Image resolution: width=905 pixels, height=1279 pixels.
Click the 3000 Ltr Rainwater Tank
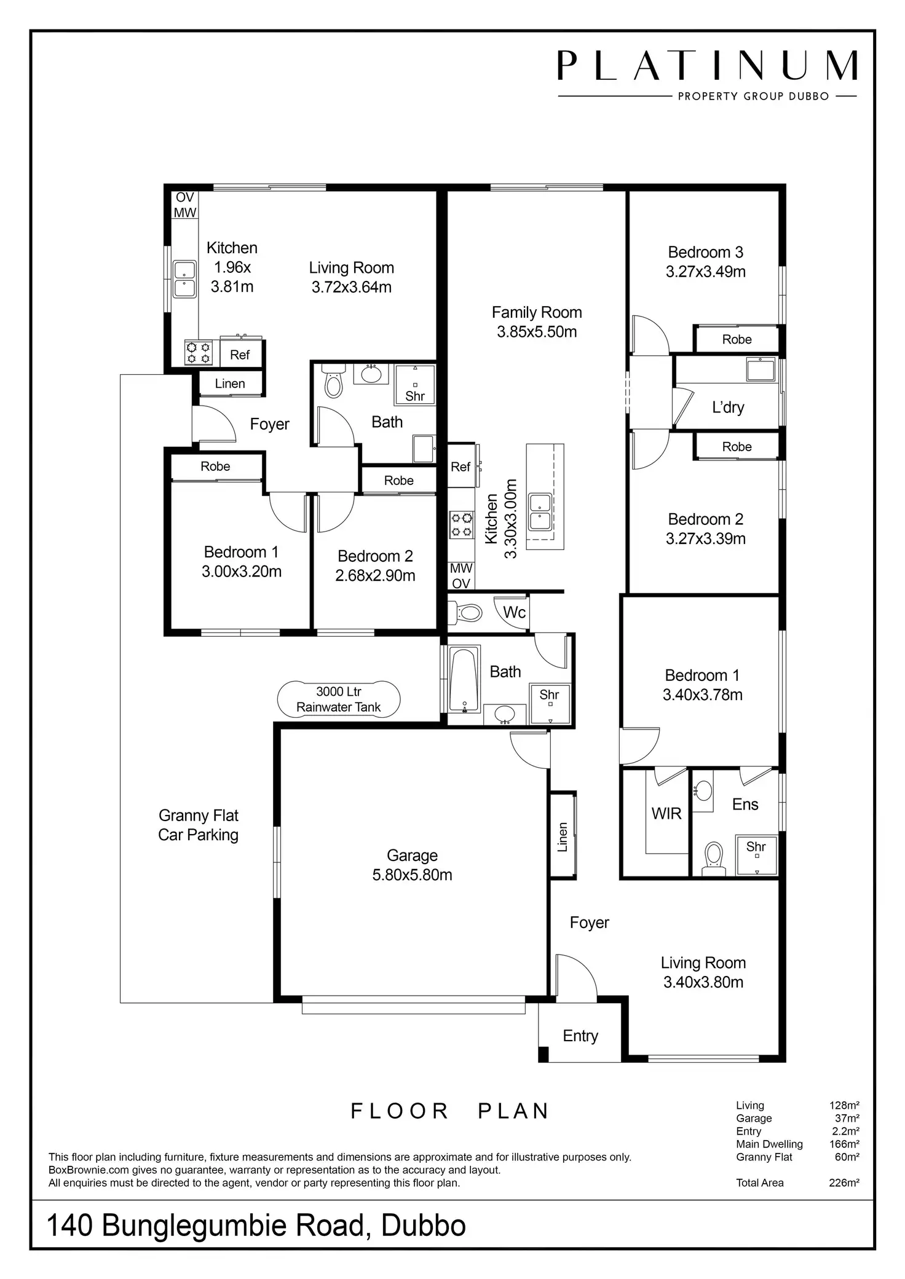point(339,699)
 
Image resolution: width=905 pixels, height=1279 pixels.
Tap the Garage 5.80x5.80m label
point(412,865)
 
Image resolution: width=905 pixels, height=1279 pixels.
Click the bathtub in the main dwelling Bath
point(464,679)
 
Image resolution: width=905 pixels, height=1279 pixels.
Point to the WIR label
point(666,814)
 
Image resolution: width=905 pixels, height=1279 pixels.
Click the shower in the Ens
point(757,855)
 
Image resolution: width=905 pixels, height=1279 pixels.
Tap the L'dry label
point(728,407)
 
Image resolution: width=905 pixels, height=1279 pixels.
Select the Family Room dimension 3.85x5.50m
point(537,332)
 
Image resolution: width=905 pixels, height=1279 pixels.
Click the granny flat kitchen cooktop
point(199,353)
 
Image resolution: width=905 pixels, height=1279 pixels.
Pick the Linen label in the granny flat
point(230,384)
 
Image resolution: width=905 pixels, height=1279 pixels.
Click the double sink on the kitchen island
point(540,511)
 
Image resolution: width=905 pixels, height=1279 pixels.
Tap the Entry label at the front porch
point(580,1036)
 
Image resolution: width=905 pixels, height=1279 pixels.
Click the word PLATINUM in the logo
point(707,66)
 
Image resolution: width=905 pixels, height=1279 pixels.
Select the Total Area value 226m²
point(844,1183)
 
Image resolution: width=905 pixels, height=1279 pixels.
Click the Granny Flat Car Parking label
point(198,825)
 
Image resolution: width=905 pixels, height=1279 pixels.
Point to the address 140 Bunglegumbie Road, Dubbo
point(256,1226)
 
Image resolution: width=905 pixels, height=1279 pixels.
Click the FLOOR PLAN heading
point(450,1111)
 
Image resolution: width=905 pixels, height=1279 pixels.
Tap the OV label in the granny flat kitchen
point(185,198)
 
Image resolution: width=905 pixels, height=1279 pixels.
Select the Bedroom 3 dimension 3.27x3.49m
point(705,272)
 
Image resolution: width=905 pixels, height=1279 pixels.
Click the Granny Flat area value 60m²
point(846,1157)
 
